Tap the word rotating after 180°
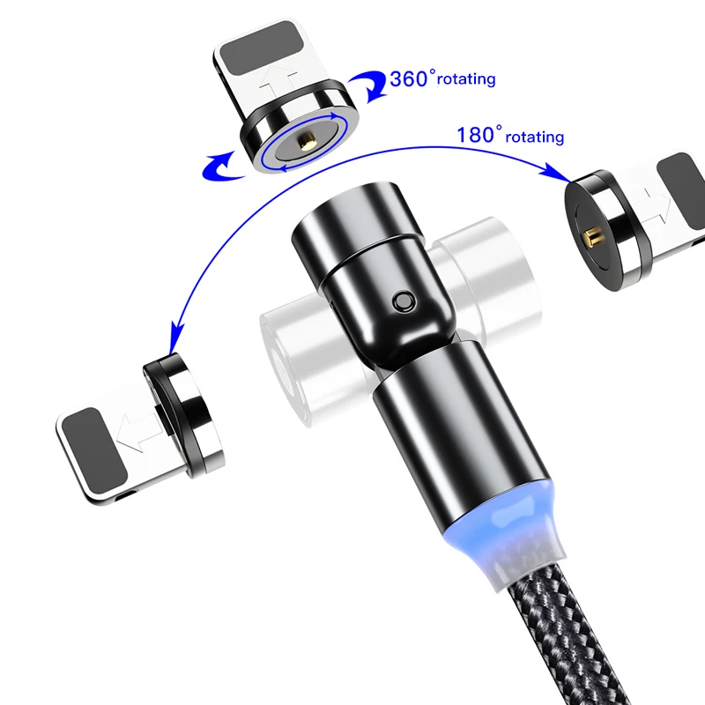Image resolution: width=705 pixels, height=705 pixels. click(535, 137)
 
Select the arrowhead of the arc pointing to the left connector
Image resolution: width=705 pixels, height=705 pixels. click(177, 333)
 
